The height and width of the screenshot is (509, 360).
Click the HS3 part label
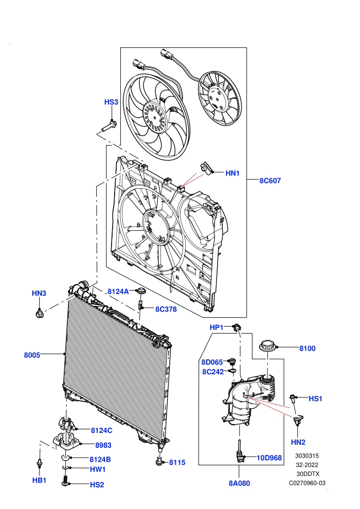coord(111,102)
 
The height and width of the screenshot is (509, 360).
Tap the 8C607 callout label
coord(270,181)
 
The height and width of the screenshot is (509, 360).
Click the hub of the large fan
coord(155,117)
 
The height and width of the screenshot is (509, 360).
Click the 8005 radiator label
coord(32,355)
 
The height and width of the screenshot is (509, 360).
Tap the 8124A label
coord(118,292)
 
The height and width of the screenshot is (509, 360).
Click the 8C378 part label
coord(166,310)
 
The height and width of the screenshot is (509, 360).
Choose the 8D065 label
coord(212,362)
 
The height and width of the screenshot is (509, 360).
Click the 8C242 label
coord(213,372)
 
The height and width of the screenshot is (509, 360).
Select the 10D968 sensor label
coord(269,458)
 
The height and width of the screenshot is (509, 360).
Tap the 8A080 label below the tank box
coord(240,483)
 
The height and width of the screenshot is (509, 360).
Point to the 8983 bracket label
coord(103,445)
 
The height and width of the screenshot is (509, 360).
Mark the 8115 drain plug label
coord(177,463)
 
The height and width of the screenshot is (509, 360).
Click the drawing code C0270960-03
coord(307,483)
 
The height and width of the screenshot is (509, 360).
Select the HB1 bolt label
coord(39,480)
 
